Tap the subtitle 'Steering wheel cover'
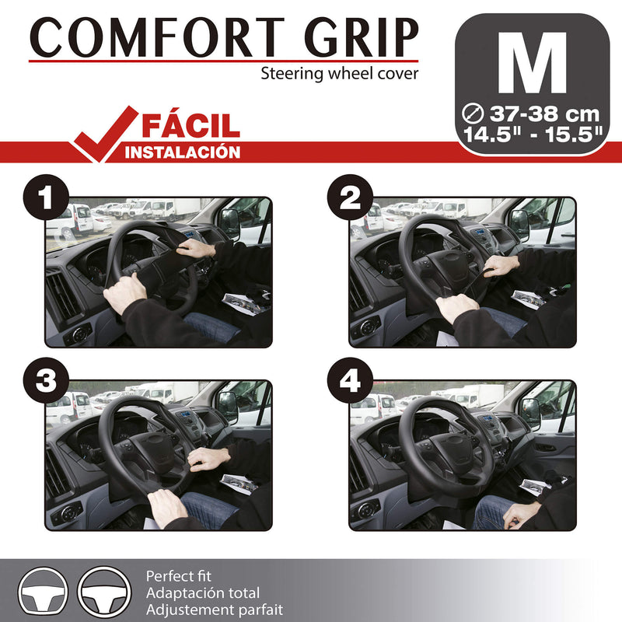[339, 74]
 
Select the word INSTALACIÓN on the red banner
[183, 152]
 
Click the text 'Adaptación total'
[203, 593]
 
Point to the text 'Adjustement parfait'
[214, 610]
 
